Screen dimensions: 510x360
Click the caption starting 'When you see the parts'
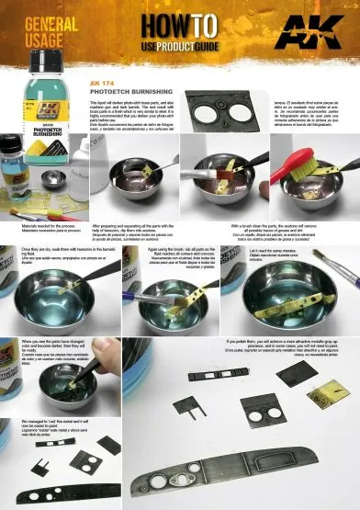[46, 347]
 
